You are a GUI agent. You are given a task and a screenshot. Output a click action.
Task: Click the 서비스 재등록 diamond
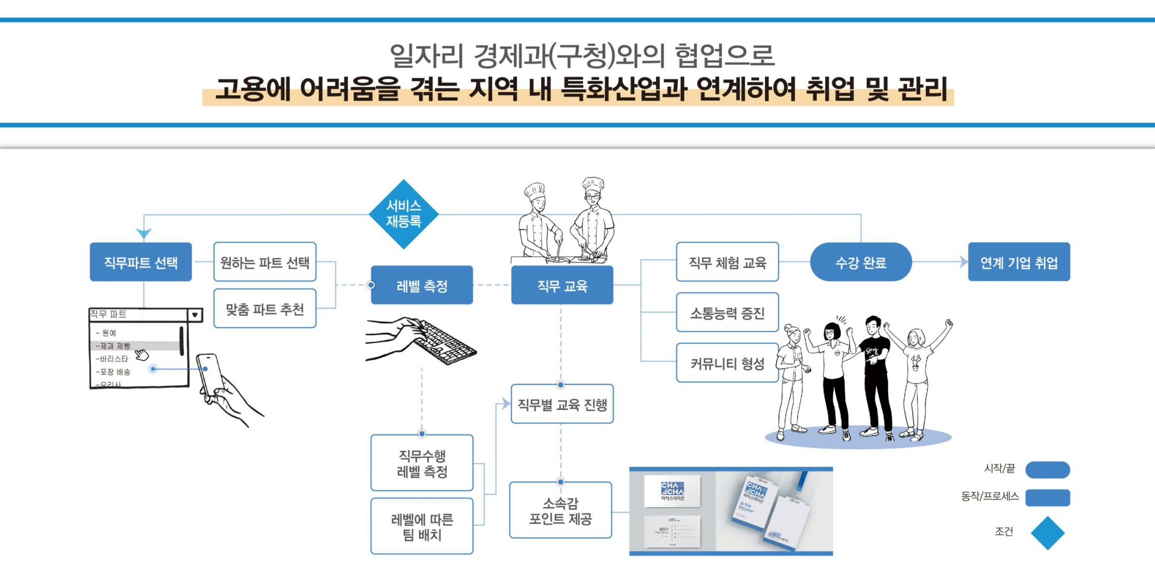pyautogui.click(x=403, y=214)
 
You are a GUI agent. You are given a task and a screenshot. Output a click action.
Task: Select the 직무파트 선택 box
pyautogui.click(x=140, y=262)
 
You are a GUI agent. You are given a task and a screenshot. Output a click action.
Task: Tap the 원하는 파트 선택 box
pyautogui.click(x=265, y=262)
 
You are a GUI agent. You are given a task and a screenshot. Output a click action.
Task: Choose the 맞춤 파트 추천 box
pyautogui.click(x=265, y=309)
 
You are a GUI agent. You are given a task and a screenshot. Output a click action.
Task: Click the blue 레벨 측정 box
pyautogui.click(x=422, y=285)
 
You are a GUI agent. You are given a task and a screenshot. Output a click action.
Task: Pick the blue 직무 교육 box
pyautogui.click(x=562, y=285)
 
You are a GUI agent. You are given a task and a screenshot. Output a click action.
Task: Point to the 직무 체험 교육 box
pyautogui.click(x=727, y=262)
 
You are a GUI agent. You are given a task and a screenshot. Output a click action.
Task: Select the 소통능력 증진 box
pyautogui.click(x=727, y=312)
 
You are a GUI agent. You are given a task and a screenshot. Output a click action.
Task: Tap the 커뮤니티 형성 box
pyautogui.click(x=727, y=363)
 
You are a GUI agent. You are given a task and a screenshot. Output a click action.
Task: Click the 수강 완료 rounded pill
pyautogui.click(x=861, y=262)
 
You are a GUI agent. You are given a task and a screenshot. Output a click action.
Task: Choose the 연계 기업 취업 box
pyautogui.click(x=1019, y=262)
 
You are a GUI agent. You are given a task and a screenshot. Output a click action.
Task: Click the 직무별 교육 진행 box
pyautogui.click(x=562, y=404)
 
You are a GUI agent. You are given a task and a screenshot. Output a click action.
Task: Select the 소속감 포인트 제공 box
pyautogui.click(x=560, y=510)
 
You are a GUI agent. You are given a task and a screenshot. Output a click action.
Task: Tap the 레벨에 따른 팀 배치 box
pyautogui.click(x=422, y=526)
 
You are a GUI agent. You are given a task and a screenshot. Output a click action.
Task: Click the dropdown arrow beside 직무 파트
pyautogui.click(x=195, y=314)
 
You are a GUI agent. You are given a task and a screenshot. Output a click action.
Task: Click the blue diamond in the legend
pyautogui.click(x=1047, y=533)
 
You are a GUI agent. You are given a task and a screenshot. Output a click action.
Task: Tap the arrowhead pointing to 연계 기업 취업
pyautogui.click(x=963, y=262)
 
